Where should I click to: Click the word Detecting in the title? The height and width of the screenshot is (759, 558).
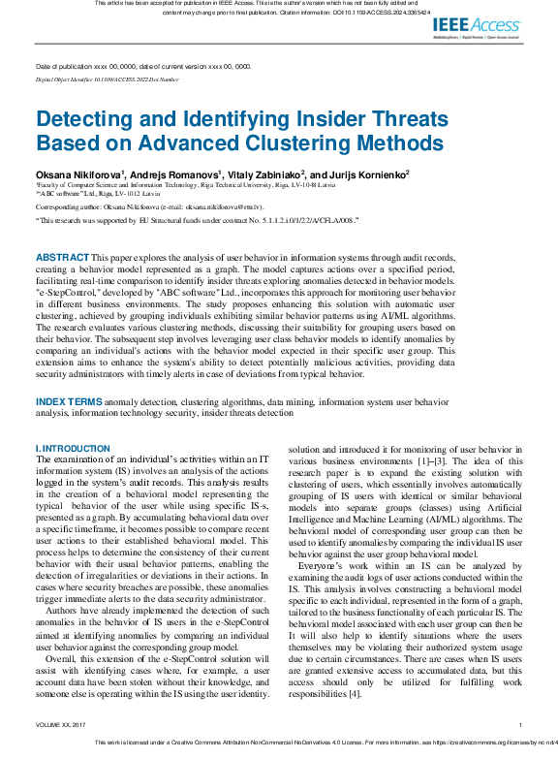(85, 120)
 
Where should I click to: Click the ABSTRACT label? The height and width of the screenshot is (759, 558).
(62, 257)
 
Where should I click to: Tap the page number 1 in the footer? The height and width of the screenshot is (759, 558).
(520, 724)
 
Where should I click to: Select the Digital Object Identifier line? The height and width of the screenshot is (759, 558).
(107, 79)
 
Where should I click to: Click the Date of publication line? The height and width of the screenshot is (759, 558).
(142, 67)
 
